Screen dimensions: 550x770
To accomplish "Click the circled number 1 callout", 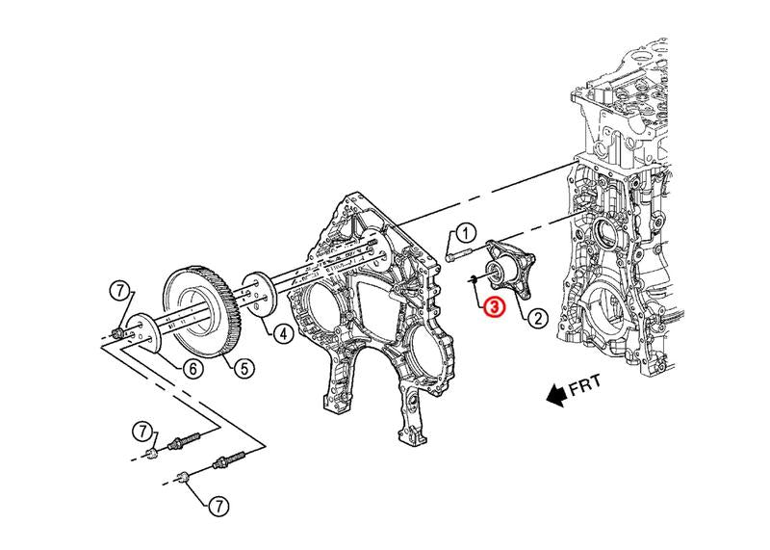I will click(465, 232).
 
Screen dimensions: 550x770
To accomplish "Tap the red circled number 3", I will click(492, 307).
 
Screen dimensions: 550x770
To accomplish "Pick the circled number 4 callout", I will click(283, 334).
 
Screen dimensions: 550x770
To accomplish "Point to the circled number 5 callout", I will click(245, 366).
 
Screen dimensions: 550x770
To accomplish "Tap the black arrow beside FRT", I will click(554, 393).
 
